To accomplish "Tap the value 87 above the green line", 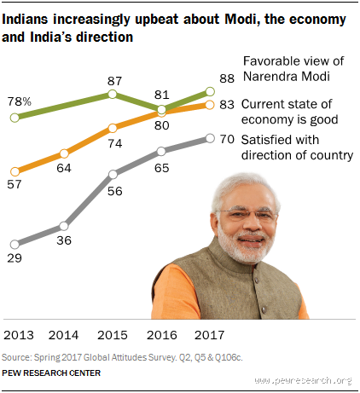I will (113, 80).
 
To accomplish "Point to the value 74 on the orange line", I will (113, 145).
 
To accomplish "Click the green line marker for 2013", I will (15, 117).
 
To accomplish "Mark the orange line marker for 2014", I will (65, 154).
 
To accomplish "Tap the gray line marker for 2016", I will (161, 153).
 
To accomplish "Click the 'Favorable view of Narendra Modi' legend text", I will (295, 69).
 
